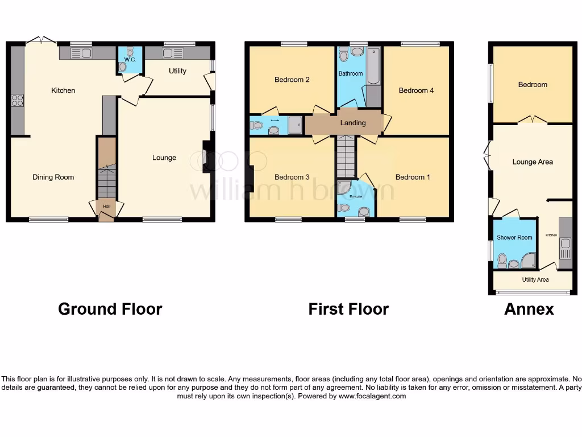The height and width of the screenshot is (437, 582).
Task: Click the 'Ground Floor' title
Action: (x=110, y=309)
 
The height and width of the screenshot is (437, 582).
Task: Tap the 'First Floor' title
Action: (x=348, y=309)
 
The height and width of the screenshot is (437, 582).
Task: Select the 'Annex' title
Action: (x=529, y=309)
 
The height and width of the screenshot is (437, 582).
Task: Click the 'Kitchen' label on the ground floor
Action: (x=63, y=90)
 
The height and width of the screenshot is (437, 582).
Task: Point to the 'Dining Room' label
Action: (x=53, y=177)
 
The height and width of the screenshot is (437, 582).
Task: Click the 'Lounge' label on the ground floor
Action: (x=164, y=158)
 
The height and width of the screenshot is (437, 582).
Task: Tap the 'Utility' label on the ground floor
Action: (x=177, y=71)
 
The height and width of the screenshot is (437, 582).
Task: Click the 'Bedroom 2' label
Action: (x=292, y=80)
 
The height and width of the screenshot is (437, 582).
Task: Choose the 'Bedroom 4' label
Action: (x=416, y=90)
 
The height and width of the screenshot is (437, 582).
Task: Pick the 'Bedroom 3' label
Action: (x=292, y=177)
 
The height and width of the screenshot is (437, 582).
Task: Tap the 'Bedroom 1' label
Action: (x=413, y=177)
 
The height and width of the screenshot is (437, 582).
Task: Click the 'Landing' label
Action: (x=352, y=123)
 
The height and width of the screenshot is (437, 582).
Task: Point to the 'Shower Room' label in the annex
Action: (x=514, y=237)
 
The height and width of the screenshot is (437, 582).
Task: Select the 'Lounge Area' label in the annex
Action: (x=532, y=162)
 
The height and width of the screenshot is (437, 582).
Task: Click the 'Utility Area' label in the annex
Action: (x=535, y=279)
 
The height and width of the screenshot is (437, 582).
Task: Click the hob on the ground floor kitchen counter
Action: (x=17, y=100)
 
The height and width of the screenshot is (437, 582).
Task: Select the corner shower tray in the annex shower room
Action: (x=529, y=261)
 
